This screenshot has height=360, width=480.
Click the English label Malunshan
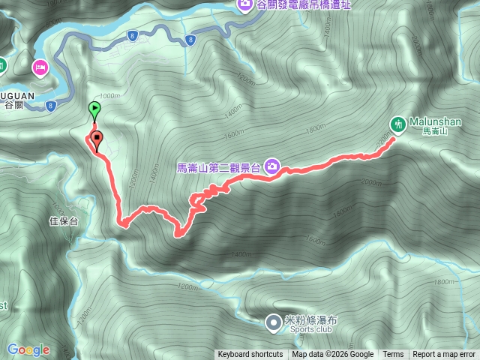[x=435, y=121]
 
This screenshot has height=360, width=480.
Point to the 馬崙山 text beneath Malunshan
[x=433, y=131]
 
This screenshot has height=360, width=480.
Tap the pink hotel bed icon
[x=39, y=68]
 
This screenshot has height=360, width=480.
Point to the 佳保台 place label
[x=63, y=221]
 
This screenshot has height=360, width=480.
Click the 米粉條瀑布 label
[x=310, y=319]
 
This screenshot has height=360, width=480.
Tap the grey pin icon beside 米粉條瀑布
[x=273, y=322]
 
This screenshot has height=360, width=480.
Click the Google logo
[x=28, y=349]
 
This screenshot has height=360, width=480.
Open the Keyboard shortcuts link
[x=250, y=355]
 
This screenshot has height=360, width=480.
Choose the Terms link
[x=393, y=355]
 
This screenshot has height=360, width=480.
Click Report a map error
[x=445, y=355]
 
